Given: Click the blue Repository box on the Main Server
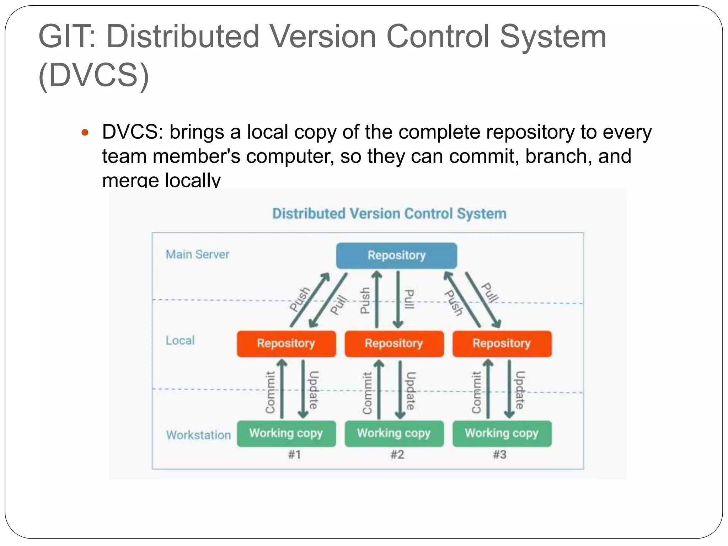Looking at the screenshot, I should pos(396,256).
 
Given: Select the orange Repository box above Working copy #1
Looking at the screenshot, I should pos(286,343).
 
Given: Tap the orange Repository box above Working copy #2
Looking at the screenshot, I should pos(394,343).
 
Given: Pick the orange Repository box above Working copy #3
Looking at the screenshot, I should pos(502,343).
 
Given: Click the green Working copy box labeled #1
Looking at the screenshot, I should pos(286,433).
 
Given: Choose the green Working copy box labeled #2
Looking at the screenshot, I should pos(394,433).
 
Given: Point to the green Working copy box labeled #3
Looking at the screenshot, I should pos(502,433).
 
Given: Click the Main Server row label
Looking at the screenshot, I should pos(197,255).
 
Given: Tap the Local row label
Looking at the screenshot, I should pos(180,341).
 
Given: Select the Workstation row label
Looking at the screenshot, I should pos(198,435).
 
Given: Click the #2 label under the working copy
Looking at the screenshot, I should pos(397,455).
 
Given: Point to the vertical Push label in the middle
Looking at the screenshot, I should pos(365,301).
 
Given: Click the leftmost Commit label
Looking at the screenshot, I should pos(271,392).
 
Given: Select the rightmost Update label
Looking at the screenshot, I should pos(520,390).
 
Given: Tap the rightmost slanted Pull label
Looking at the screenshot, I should pos(490,293).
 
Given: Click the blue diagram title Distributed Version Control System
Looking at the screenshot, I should pos(389,214).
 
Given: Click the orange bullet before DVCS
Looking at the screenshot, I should pos(85,133).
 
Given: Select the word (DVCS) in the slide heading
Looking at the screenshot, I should pos(94,75).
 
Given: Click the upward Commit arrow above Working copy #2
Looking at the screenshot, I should pos(379,389).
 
